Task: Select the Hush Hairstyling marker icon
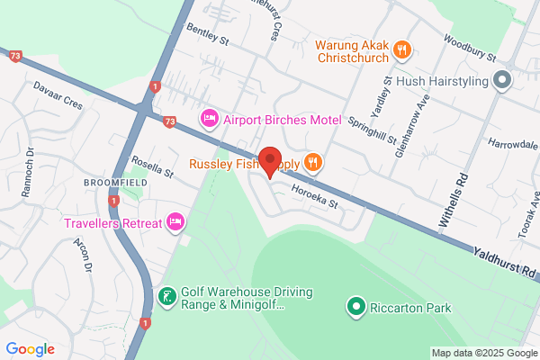(502, 81)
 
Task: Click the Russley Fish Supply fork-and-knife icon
(312, 163)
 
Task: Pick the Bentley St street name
(209, 31)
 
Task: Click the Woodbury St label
(470, 48)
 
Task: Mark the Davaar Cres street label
(58, 98)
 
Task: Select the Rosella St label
(151, 166)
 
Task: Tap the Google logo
(31, 349)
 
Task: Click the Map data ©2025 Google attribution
(483, 352)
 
